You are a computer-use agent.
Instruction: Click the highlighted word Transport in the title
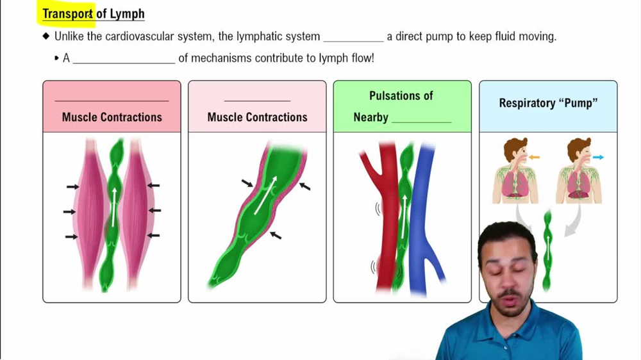tap(68, 13)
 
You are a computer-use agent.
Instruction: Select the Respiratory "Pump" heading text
tap(548, 103)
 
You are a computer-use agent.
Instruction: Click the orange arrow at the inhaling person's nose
tap(534, 157)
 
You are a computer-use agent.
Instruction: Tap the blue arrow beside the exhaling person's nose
tap(598, 157)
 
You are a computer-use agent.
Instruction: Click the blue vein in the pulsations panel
tap(424, 218)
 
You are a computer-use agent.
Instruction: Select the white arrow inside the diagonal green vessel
tap(265, 195)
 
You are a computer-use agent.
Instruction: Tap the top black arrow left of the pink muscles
tap(72, 187)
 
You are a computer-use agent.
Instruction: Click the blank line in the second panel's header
tap(257, 100)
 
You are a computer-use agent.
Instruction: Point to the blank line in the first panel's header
tap(112, 100)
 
